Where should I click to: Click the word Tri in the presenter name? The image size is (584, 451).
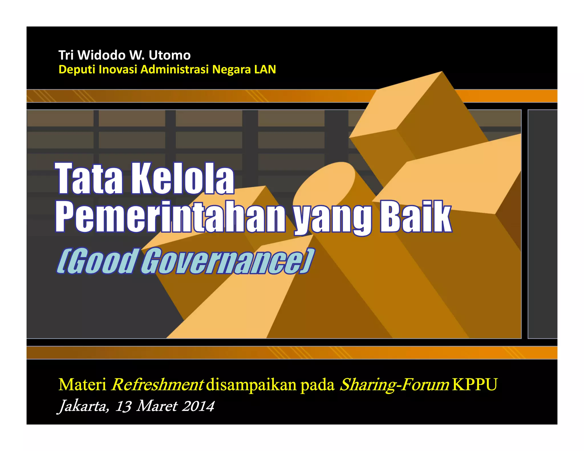tap(66, 55)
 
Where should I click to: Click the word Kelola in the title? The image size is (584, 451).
tap(182, 179)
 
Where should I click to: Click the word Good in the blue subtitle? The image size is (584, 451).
tap(97, 261)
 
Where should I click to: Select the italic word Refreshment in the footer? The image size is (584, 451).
tap(158, 385)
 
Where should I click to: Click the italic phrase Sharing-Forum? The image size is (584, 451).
tap(395, 385)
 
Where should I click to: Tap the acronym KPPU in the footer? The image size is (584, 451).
tap(475, 385)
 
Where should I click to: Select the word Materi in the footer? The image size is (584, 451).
tap(82, 385)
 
